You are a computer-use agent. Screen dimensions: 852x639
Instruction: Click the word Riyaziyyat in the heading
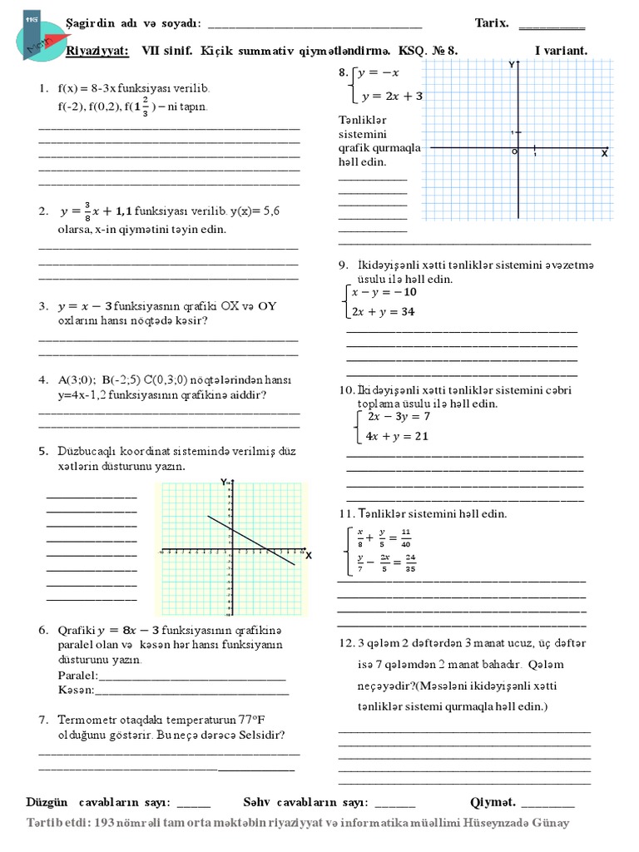point(97,51)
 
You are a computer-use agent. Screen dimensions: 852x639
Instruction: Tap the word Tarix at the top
point(491,24)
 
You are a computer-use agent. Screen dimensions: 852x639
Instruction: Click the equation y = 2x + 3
point(392,96)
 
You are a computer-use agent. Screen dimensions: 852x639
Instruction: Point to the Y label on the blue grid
point(510,64)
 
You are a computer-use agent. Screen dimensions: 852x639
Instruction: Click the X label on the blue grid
point(604,155)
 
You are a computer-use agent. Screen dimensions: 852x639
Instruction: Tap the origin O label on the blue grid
point(514,152)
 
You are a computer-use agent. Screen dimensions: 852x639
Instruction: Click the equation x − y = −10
point(384,293)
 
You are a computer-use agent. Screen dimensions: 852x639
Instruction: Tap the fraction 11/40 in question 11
point(405,537)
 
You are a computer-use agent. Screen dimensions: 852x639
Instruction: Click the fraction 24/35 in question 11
point(410,563)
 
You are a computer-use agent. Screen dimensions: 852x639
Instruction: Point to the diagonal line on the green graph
point(250,540)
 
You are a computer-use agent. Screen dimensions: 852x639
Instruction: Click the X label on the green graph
point(308,555)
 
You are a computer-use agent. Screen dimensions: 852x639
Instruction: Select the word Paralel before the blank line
point(77,674)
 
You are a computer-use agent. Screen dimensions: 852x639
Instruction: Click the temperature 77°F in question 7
point(242,720)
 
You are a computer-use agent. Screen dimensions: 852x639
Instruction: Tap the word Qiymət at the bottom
point(493,802)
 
